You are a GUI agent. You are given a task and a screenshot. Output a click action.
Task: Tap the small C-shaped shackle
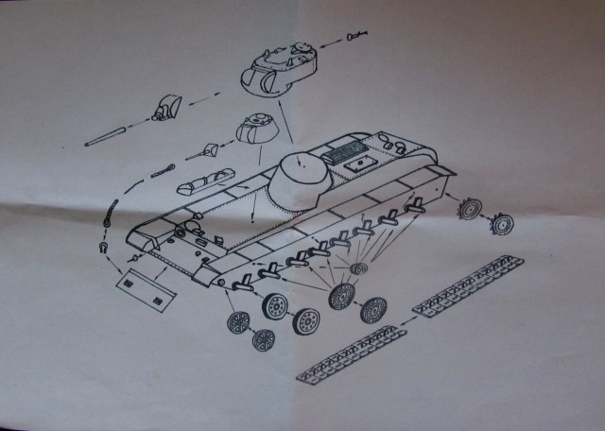point(101,248)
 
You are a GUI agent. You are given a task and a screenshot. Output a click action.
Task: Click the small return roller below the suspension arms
point(357,268)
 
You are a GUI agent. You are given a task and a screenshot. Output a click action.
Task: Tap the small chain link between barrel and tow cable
point(163,171)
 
